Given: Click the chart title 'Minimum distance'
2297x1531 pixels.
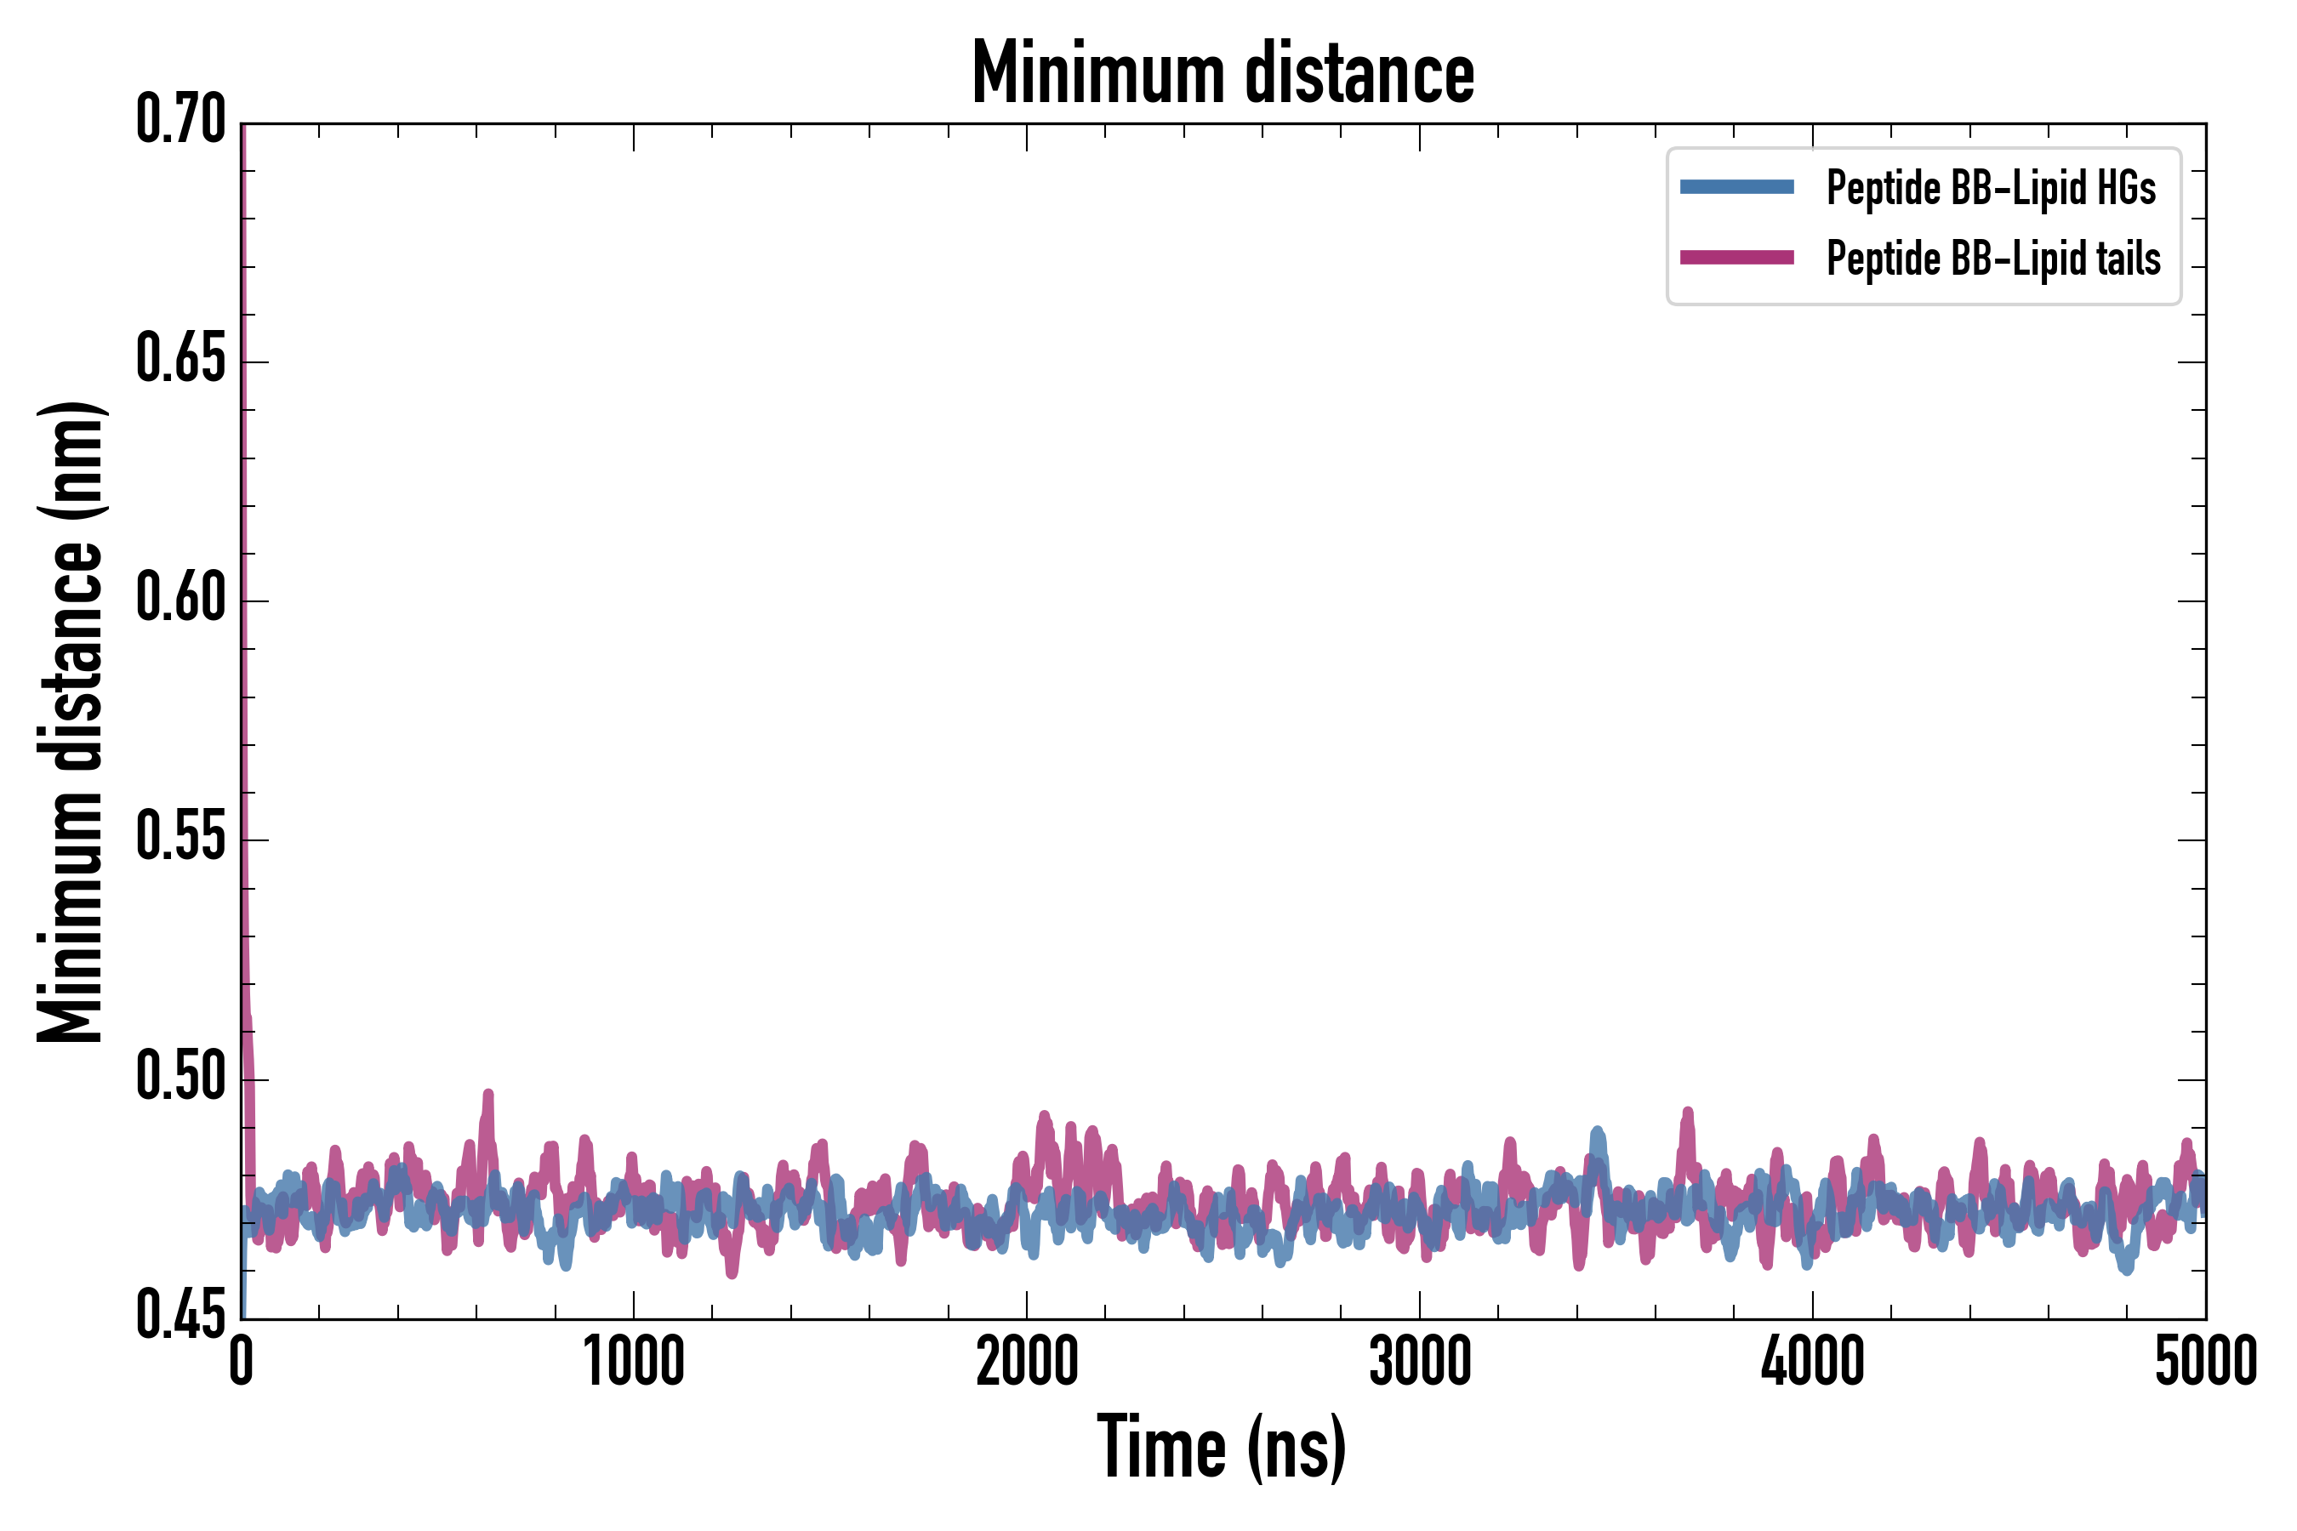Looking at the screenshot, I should (1223, 73).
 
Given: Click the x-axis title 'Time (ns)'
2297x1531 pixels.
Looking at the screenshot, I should (1222, 1447).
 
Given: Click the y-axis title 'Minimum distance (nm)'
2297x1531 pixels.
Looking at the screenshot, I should (71, 721).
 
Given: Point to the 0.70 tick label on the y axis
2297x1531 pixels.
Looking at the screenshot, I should (180, 120).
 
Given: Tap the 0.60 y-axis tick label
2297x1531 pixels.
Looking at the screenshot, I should (180, 599).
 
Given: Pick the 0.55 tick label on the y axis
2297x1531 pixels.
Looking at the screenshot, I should (180, 838).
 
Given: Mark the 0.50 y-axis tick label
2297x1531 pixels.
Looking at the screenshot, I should (180, 1077).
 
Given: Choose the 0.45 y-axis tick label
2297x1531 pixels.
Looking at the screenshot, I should (180, 1316).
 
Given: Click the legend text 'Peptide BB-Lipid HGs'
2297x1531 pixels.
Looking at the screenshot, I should (1991, 187).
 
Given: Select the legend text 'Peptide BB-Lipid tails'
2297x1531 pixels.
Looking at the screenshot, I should (1993, 259).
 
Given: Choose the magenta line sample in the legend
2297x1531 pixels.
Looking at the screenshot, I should (1736, 258).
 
